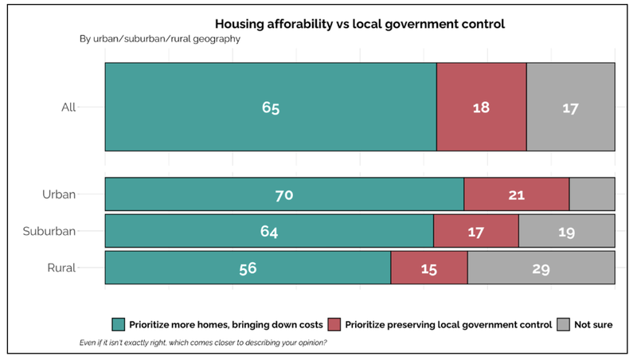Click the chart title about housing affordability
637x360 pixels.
tap(360, 24)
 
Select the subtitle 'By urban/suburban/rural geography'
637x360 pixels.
tap(160, 38)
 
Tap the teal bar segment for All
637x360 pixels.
tap(271, 108)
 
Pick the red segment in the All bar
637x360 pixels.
tap(481, 108)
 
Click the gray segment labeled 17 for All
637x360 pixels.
tap(570, 108)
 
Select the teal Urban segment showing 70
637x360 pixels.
tap(284, 194)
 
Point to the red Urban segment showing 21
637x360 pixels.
tap(516, 194)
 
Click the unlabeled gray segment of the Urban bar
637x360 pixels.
tap(592, 194)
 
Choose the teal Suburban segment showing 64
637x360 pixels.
tap(269, 231)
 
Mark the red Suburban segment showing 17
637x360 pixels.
tap(475, 231)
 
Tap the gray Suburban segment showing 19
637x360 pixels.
tap(566, 231)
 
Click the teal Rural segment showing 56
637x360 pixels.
tap(248, 268)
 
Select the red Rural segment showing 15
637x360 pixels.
tap(428, 268)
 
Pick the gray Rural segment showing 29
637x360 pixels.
tap(541, 268)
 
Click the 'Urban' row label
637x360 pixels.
tap(59, 194)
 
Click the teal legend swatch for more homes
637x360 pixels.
tap(119, 324)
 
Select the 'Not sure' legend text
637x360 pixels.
tap(593, 324)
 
